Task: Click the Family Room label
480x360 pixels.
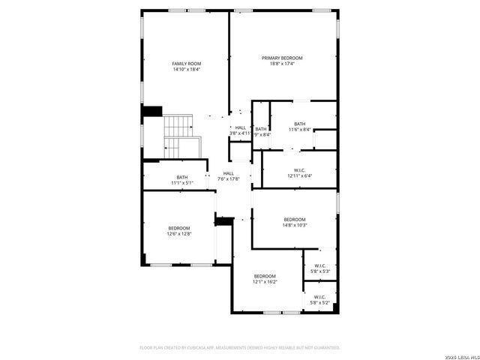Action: [187, 64]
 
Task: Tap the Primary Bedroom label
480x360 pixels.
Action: [282, 58]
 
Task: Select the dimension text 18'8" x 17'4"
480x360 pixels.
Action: [282, 64]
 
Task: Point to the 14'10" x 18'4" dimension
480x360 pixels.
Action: [187, 70]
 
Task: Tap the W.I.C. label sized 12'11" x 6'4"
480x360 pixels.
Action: [298, 172]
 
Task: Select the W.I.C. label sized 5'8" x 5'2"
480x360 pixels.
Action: [319, 297]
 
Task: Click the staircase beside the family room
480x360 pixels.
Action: [181, 136]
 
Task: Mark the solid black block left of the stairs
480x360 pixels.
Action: [152, 111]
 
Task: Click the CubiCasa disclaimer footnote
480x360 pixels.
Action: [240, 347]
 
